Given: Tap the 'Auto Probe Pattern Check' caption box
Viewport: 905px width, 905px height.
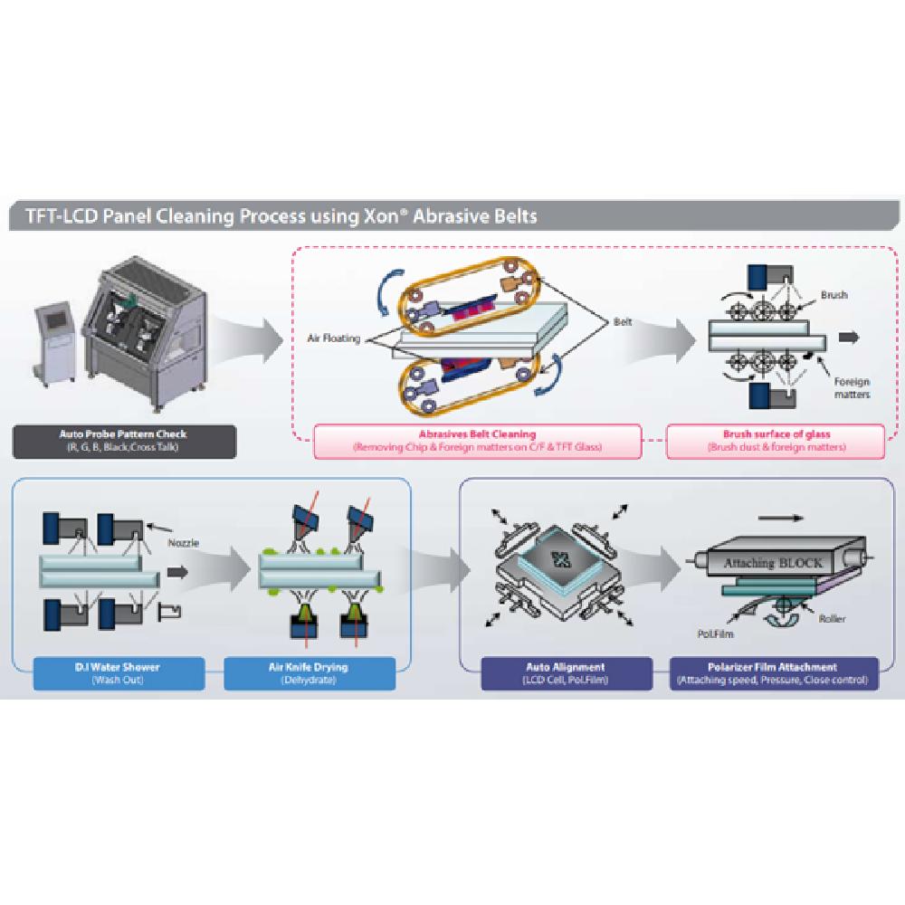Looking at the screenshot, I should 126,441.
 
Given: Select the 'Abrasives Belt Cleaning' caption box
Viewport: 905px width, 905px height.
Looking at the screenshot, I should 477,441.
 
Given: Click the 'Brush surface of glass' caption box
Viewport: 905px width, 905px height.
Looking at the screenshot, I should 776,441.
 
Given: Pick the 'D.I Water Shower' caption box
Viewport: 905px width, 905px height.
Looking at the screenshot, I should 118,673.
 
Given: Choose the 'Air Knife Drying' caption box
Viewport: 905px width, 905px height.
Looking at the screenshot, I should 309,673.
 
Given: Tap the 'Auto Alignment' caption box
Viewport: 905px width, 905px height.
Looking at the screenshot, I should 566,673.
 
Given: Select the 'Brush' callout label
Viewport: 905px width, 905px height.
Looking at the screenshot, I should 834,296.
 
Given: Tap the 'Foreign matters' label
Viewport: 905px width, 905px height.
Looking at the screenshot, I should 851,388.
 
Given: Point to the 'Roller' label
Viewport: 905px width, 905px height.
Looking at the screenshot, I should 832,620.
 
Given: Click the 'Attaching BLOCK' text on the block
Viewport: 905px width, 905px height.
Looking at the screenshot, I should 772,563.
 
